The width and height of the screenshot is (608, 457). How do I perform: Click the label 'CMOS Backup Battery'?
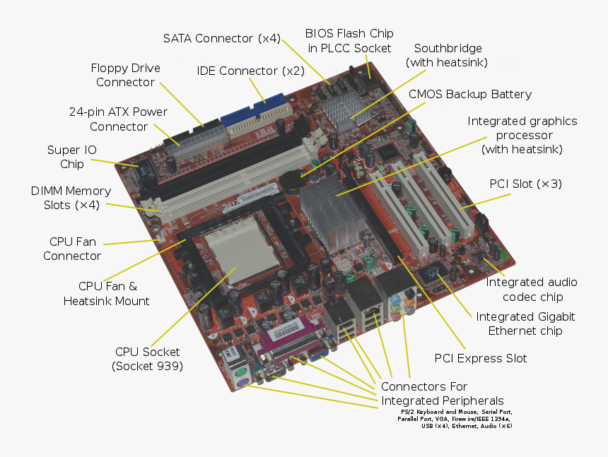(470, 94)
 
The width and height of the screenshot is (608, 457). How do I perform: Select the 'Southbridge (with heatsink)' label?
(447, 55)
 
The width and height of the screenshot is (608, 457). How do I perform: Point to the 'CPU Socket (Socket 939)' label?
(147, 359)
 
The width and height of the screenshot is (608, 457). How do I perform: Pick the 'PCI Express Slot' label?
(480, 358)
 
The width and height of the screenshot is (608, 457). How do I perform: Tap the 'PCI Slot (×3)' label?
(525, 184)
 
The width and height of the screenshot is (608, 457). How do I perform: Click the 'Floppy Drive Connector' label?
(126, 75)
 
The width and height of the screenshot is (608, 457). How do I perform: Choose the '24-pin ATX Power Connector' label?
(118, 119)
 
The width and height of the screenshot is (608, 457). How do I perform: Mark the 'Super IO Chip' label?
(72, 157)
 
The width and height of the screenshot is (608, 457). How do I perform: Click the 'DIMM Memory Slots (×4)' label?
(71, 198)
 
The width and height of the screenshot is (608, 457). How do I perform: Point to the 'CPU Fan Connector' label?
(72, 249)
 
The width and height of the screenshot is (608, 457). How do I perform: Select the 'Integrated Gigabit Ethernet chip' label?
(525, 324)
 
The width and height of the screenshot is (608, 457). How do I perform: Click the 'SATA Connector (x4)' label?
(221, 38)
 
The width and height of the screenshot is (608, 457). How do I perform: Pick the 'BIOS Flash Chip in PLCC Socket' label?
(349, 41)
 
